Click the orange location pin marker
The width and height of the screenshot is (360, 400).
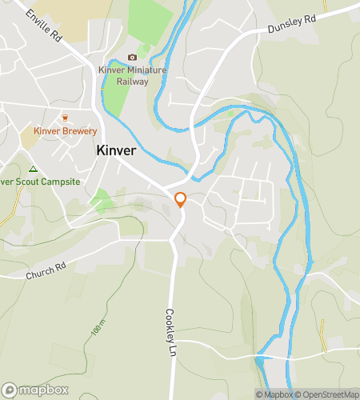[180, 200]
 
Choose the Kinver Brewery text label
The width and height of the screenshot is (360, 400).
[66, 131]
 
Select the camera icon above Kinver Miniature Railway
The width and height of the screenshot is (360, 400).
[132, 57]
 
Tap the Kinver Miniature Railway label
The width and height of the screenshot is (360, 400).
[132, 74]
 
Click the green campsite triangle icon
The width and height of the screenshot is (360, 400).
[33, 169]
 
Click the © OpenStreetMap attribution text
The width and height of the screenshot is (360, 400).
[329, 394]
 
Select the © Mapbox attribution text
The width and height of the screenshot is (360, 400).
[275, 394]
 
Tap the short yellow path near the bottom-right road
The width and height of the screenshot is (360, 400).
[323, 334]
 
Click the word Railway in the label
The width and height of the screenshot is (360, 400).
[132, 80]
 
